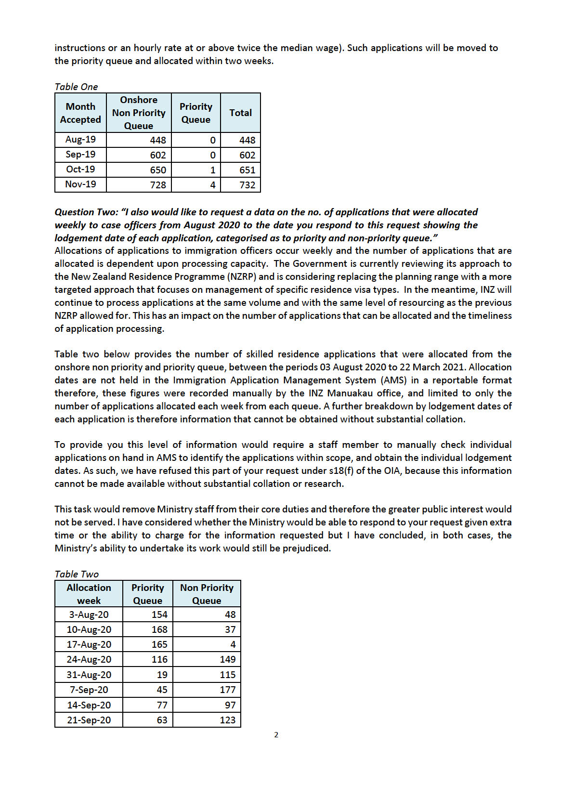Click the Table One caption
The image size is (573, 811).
pyautogui.click(x=76, y=87)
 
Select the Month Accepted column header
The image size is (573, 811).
pyautogui.click(x=80, y=113)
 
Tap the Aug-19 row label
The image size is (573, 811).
pyautogui.click(x=80, y=140)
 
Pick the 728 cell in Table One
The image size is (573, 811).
pyautogui.click(x=157, y=185)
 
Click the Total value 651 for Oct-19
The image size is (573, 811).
pyautogui.click(x=247, y=170)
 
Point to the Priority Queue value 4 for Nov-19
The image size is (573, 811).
pyautogui.click(x=212, y=185)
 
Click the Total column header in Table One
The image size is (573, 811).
pyautogui.click(x=240, y=113)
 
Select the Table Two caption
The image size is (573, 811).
pyautogui.click(x=76, y=574)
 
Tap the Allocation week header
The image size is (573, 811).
pyautogui.click(x=89, y=594)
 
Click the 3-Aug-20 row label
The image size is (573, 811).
pyautogui.click(x=89, y=615)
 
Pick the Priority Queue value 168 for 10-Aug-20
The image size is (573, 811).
pyautogui.click(x=159, y=629)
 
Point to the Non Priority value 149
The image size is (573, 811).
pyautogui.click(x=227, y=659)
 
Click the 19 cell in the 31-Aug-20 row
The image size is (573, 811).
pyautogui.click(x=162, y=675)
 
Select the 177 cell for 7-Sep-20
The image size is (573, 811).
pyautogui.click(x=227, y=690)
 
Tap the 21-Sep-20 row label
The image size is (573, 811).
pyautogui.click(x=89, y=720)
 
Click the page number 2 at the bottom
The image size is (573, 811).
pyautogui.click(x=276, y=735)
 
